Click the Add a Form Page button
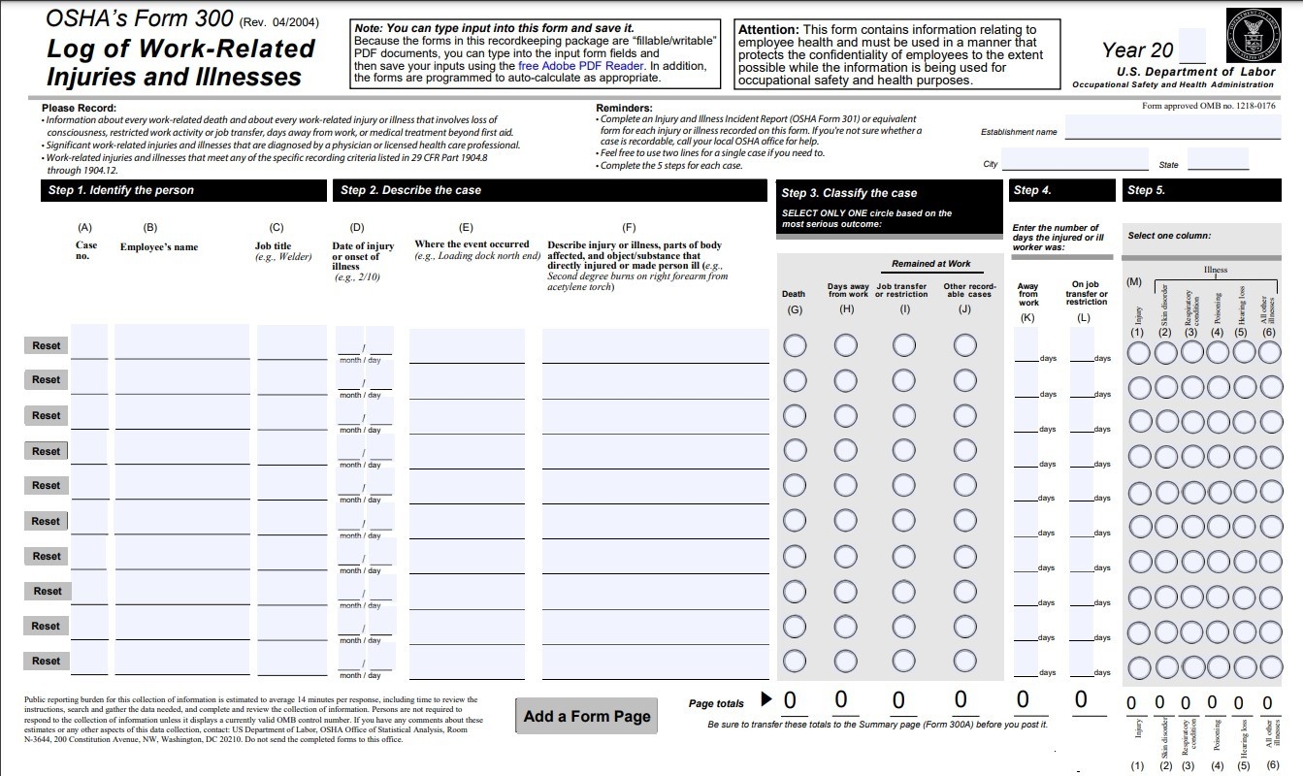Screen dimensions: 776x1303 click(x=586, y=717)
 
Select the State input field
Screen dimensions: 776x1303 click(x=1218, y=160)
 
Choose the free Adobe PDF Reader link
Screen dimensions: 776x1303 click(x=581, y=66)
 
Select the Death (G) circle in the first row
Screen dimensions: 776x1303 click(x=795, y=345)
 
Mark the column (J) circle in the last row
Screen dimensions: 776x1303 click(x=964, y=661)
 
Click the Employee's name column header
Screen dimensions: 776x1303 click(x=158, y=247)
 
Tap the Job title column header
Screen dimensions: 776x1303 click(x=273, y=246)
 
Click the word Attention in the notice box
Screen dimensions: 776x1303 click(x=768, y=30)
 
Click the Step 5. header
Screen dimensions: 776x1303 click(x=1146, y=190)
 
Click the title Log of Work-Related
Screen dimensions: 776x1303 click(x=180, y=48)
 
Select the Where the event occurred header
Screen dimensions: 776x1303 click(x=472, y=244)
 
